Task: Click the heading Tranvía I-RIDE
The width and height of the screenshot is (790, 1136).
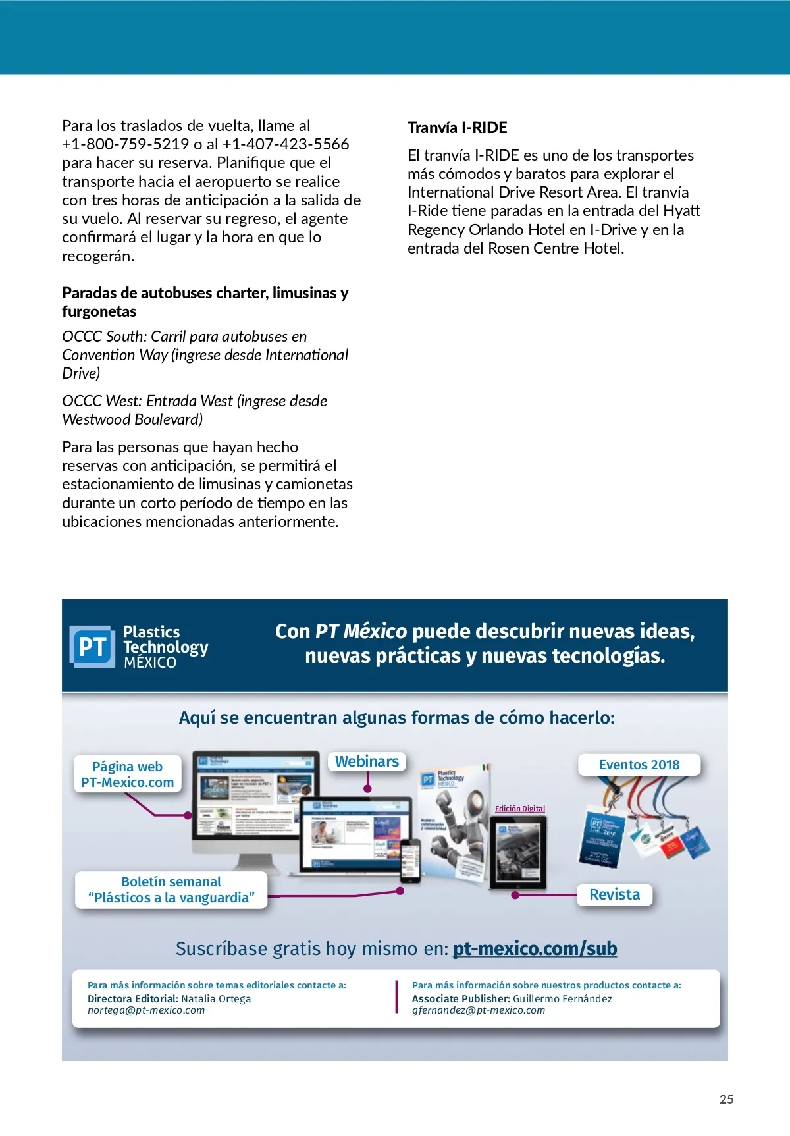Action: tap(458, 128)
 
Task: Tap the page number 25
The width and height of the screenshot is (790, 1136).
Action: tap(726, 1099)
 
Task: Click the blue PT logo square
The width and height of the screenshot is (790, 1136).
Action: tap(92, 647)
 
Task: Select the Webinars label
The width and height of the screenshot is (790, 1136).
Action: tap(367, 761)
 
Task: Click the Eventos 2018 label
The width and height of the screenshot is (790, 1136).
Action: tap(639, 765)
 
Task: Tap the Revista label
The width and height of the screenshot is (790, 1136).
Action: tap(614, 894)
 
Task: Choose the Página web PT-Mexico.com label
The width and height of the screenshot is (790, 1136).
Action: tap(128, 774)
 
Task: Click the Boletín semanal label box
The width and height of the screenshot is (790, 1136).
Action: tap(171, 890)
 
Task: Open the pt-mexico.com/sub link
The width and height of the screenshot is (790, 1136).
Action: tap(535, 948)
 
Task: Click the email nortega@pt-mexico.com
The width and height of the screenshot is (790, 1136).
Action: tap(146, 1010)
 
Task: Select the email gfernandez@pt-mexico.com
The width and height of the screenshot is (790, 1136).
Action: tap(479, 1010)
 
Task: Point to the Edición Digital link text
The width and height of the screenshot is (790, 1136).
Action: tap(520, 809)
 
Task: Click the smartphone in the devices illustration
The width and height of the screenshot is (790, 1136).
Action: tap(410, 861)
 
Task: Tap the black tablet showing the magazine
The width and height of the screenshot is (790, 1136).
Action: tap(519, 853)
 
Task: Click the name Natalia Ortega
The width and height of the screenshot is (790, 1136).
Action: tap(216, 998)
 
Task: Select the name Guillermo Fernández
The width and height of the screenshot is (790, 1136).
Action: tap(562, 998)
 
